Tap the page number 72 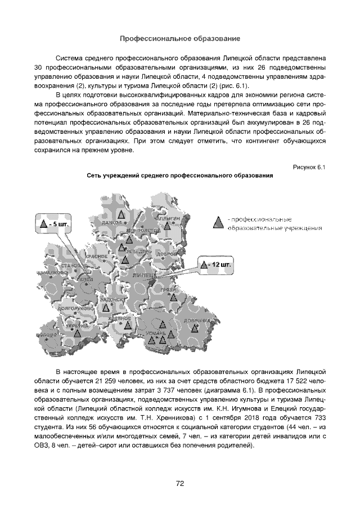point(180,483)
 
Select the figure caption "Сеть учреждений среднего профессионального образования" point(180,176)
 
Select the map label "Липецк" point(143,276)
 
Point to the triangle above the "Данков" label point(121,214)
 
